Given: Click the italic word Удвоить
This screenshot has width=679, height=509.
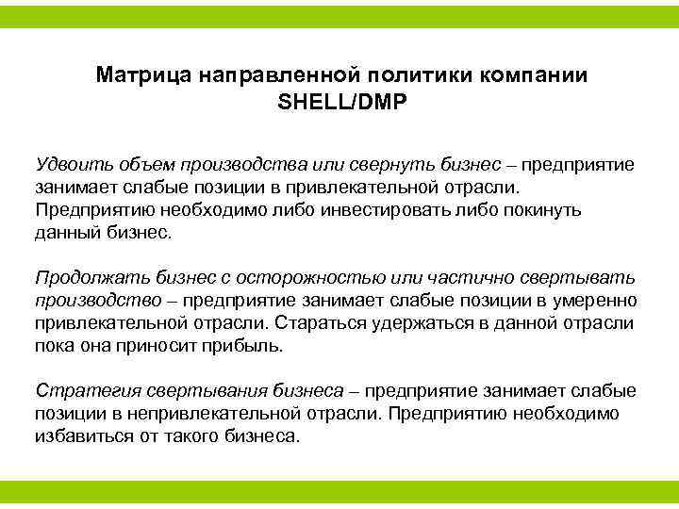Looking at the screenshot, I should coord(70,165).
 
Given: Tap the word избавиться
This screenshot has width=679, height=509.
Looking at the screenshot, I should coord(81,436).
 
